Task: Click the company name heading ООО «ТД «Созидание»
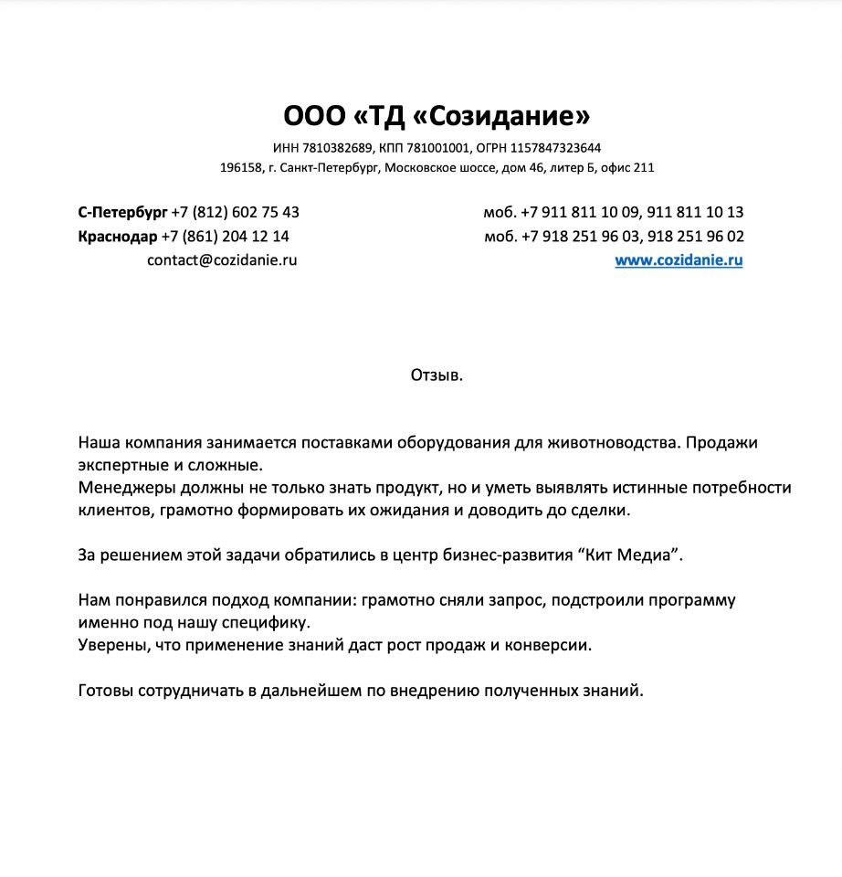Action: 437,116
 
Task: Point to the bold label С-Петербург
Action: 122,212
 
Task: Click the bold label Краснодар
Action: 118,236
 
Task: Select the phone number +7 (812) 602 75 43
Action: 236,212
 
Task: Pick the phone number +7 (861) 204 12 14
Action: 226,236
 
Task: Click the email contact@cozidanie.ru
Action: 222,260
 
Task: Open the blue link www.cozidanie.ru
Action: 679,260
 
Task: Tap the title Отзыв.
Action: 437,375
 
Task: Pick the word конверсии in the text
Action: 551,645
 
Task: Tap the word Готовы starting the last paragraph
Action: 105,691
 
